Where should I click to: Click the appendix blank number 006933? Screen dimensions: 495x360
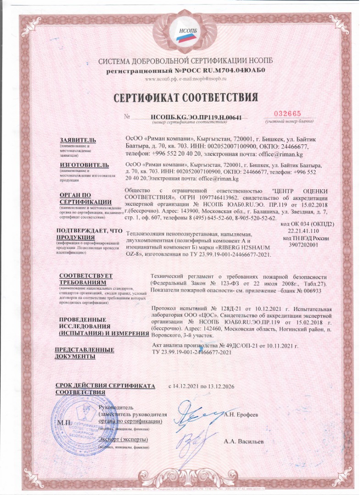(x=315, y=290)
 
